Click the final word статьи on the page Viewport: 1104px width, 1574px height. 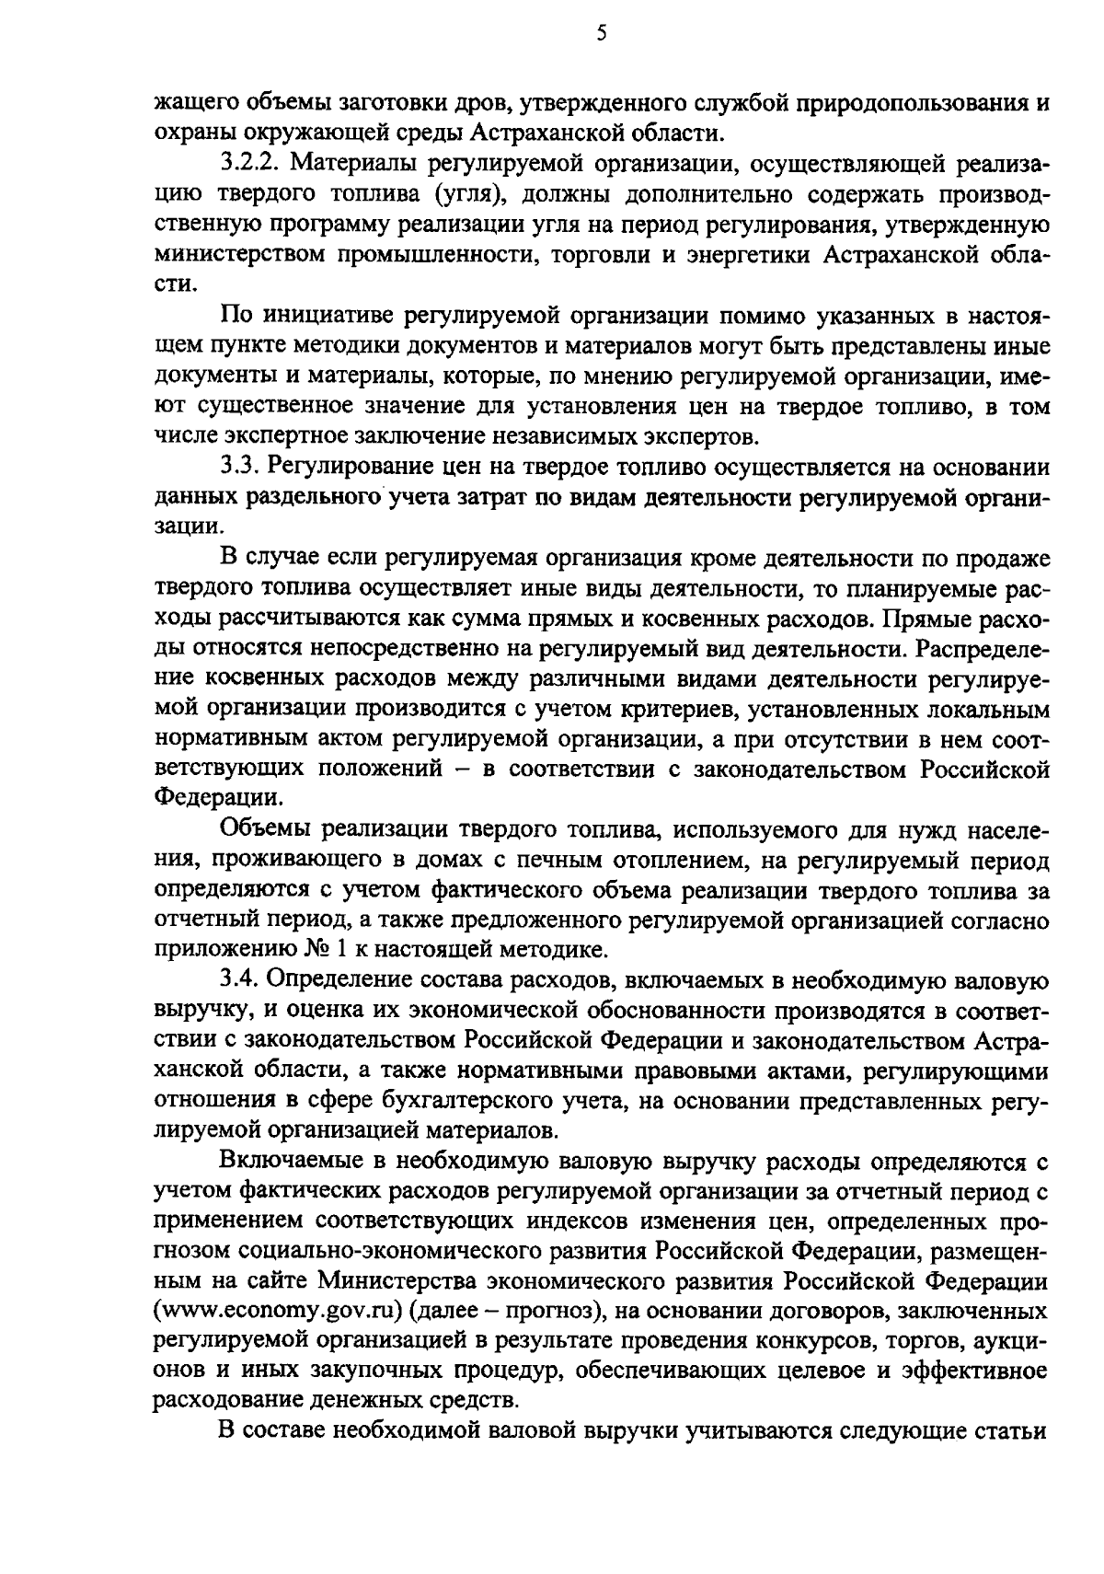click(1009, 1431)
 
